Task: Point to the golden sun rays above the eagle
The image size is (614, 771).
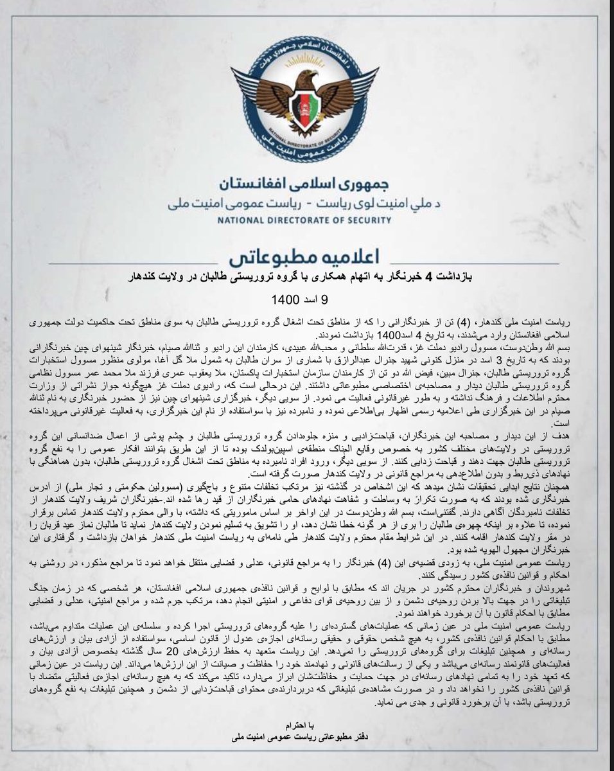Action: pyautogui.click(x=306, y=57)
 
